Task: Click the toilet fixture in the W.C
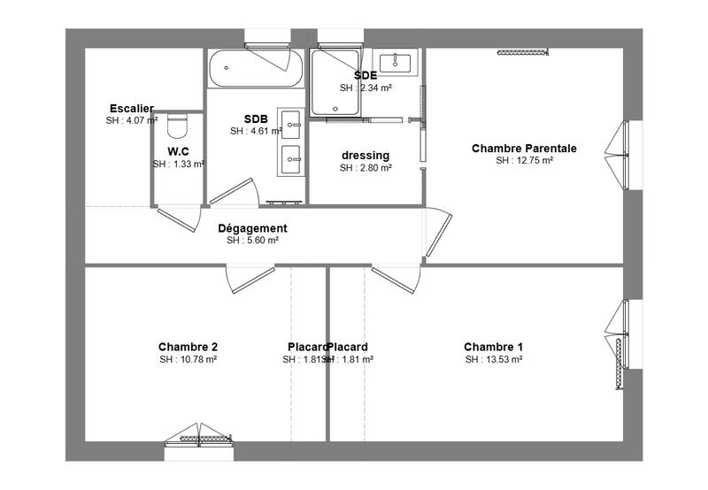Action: pyautogui.click(x=178, y=126)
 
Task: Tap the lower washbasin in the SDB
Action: pyautogui.click(x=293, y=160)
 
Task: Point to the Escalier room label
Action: pyautogui.click(x=132, y=109)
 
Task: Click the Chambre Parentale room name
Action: pyautogui.click(x=524, y=149)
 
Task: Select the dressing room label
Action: pyautogui.click(x=366, y=156)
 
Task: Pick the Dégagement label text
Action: pyautogui.click(x=252, y=228)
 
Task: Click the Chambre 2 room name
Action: pyautogui.click(x=188, y=347)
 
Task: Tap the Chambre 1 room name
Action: pyautogui.click(x=493, y=347)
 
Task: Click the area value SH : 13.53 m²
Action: pyautogui.click(x=493, y=360)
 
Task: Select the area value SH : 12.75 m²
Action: pyautogui.click(x=524, y=161)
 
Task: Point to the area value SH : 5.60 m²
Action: pyautogui.click(x=252, y=241)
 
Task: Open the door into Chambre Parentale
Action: pyautogui.click(x=438, y=234)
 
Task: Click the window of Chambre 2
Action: pyautogui.click(x=199, y=433)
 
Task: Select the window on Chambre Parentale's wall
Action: pyautogui.click(x=623, y=155)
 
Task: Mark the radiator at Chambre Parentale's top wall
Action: pyautogui.click(x=524, y=52)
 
